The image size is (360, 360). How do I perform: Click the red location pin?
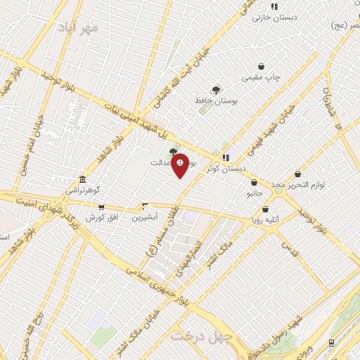[x=181, y=165]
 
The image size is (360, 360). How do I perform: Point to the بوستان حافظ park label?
[x=217, y=101]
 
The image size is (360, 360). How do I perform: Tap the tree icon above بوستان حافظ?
[x=216, y=89]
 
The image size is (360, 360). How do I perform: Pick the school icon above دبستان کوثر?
[x=225, y=157]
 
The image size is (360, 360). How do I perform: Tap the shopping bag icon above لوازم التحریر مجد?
[x=297, y=173]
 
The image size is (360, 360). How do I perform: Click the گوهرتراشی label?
[x=83, y=190]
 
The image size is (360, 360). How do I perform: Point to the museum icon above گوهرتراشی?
[x=83, y=179]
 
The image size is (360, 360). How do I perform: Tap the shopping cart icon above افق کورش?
[x=102, y=207]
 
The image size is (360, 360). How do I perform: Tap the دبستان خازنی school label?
[x=293, y=17]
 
